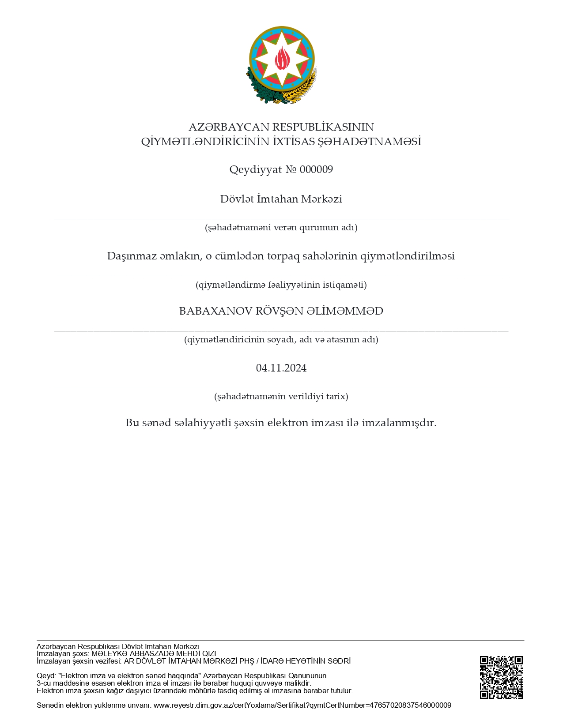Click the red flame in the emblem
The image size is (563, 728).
pos(282,58)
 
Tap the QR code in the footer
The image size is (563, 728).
pos(501,677)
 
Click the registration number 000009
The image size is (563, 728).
pos(316,169)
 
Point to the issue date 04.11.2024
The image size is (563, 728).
pos(281,368)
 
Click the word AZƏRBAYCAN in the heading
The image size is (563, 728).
pos(229,127)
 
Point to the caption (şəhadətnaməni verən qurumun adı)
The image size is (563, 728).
pos(281,228)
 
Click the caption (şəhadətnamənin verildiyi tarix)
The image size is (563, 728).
pos(281,396)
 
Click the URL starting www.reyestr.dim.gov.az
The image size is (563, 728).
pos(302,705)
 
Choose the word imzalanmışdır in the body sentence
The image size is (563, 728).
pos(399,423)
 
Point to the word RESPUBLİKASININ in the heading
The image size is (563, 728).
pos(323,127)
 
